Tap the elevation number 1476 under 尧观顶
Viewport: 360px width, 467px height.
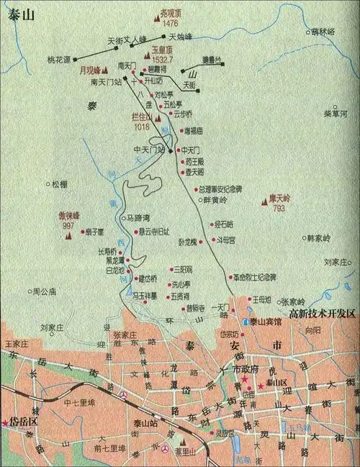click(171, 24)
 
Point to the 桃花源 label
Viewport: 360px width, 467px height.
click(59, 59)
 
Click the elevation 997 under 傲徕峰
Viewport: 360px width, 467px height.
click(68, 226)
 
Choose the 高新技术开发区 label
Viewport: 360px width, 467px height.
click(322, 314)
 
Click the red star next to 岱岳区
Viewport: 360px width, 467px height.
click(6, 422)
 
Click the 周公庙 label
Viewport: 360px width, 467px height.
click(45, 291)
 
